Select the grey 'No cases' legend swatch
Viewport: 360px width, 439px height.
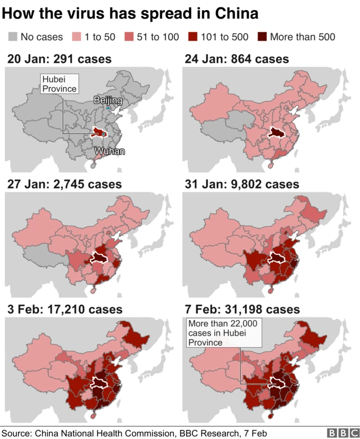13,37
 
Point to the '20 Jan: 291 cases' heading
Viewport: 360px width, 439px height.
59,59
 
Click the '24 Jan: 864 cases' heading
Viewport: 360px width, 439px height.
236,59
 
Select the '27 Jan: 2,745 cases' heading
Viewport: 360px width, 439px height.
64,184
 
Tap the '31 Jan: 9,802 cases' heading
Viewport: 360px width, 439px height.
241,184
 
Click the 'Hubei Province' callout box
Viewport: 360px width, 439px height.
59,84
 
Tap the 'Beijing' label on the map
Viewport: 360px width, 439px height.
107,100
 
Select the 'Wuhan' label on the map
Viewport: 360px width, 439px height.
109,151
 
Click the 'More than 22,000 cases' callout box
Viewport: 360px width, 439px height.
223,333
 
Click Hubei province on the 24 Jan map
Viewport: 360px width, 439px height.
276,132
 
